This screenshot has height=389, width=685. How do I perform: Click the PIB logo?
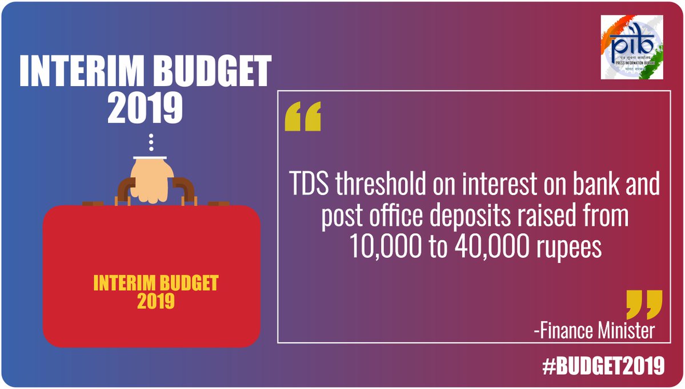tap(632, 47)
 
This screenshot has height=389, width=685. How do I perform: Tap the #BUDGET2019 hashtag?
tap(603, 366)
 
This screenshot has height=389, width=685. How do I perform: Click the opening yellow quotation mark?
tap(303, 116)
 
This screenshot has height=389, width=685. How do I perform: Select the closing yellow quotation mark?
tap(644, 305)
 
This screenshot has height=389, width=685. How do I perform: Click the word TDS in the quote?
tap(309, 184)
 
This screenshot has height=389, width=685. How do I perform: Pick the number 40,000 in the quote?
tap(491, 248)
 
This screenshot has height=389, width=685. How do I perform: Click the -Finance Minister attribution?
tap(594, 331)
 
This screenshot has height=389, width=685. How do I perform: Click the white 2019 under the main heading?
tap(145, 108)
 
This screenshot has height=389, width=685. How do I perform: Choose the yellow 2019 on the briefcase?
tap(156, 301)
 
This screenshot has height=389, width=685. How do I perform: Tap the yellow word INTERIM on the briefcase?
tap(118, 283)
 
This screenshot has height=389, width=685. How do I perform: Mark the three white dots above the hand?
tap(151, 143)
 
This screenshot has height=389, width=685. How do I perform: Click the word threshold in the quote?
tap(380, 184)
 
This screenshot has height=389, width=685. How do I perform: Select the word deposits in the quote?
tap(467, 217)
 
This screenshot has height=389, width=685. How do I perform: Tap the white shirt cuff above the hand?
tap(150, 157)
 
